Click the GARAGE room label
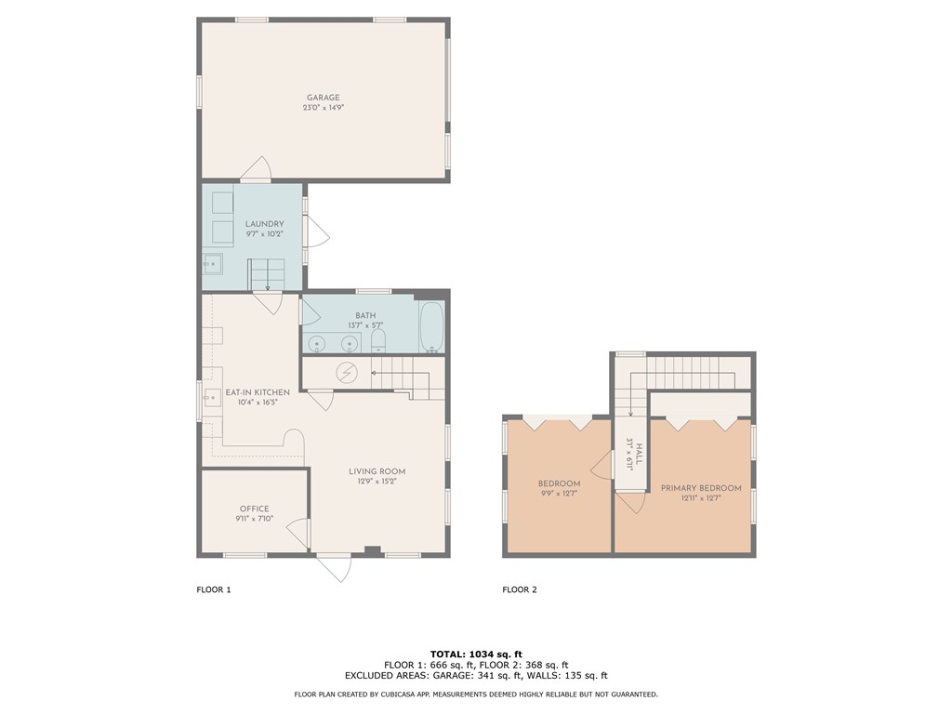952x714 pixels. (324, 98)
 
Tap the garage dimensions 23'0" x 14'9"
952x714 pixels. (324, 108)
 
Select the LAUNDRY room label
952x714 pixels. (264, 224)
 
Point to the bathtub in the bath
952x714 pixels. (431, 327)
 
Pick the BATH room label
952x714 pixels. (365, 315)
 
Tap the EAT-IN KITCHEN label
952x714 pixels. (258, 392)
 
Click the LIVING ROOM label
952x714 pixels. (377, 471)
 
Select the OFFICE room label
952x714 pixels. (254, 509)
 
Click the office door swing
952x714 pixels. (299, 533)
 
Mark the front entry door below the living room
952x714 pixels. (335, 566)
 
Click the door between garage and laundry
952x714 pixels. (254, 169)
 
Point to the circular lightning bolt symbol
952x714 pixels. (347, 371)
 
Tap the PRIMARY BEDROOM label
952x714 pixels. (701, 488)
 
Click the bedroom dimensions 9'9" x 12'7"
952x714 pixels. (559, 494)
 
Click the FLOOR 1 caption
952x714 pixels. (213, 589)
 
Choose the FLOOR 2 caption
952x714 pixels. (520, 589)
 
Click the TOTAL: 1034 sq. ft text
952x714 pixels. (475, 654)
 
